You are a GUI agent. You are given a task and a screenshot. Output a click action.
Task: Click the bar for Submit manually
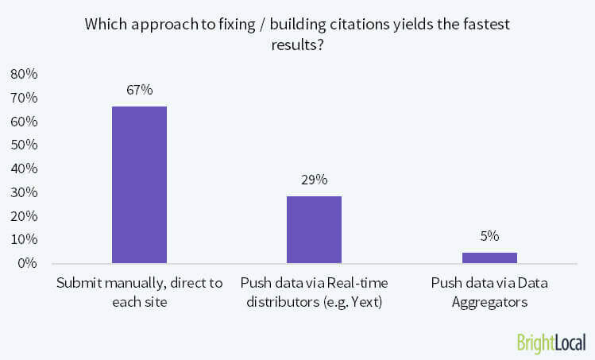point(139,184)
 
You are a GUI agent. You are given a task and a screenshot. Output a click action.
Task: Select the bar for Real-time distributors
point(314,230)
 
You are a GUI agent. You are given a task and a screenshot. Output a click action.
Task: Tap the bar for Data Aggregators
point(489,257)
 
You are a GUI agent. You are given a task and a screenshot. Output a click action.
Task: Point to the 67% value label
point(139,90)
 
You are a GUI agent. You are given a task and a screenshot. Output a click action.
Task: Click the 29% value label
point(314,180)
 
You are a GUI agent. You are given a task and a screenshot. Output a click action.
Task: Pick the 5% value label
point(489,236)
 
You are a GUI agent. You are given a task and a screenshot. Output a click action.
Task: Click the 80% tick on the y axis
point(25,75)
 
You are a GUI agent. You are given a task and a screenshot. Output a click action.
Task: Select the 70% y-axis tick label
point(25,99)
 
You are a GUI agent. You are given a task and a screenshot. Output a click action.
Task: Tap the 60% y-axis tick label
point(25,122)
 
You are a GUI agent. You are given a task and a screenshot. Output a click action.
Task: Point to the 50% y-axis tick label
point(25,145)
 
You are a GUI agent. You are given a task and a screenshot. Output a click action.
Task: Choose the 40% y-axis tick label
point(25,168)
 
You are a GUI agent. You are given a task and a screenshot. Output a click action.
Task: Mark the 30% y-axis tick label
point(25,192)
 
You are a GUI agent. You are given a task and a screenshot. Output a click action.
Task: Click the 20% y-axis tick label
point(25,215)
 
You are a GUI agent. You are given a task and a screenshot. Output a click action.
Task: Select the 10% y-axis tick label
point(25,239)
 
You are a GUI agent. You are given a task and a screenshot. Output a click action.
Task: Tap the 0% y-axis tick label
point(28,263)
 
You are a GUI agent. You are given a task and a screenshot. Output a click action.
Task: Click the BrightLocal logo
point(551,343)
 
